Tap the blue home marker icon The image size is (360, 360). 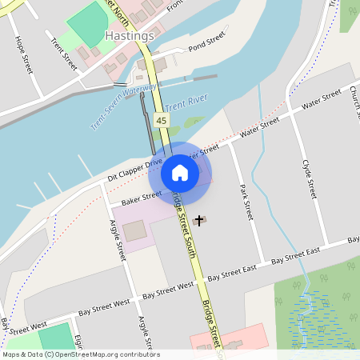point(180,172)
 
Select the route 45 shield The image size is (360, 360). point(162,120)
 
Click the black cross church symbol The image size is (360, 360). point(198,218)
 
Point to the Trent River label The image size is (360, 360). point(186,107)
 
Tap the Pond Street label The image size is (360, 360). point(207,44)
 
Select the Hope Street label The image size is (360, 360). point(22,55)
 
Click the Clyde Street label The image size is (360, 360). point(310,179)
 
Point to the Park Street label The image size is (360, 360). point(246,201)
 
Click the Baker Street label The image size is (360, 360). point(141,196)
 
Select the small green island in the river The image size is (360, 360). point(194,122)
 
